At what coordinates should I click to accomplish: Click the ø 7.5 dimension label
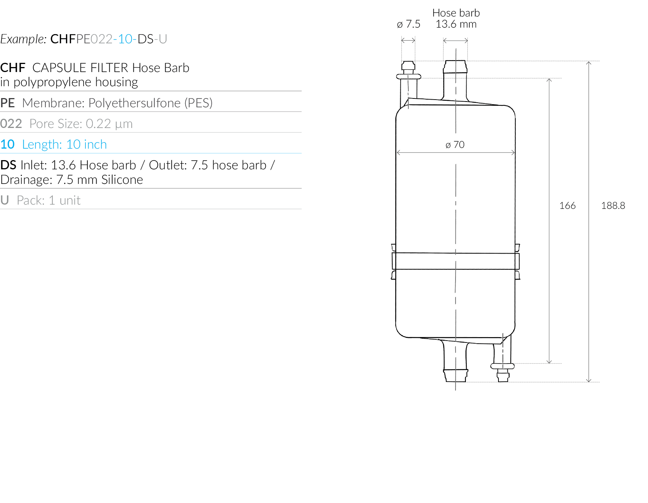(408, 24)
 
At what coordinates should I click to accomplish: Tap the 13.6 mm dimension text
(456, 24)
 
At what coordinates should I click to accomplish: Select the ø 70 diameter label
(455, 145)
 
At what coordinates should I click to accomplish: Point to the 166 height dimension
(567, 206)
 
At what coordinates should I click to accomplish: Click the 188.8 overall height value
(613, 206)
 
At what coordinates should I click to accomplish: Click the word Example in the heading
(23, 39)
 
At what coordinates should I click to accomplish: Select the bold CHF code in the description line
(13, 68)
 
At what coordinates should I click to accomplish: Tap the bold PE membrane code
(8, 103)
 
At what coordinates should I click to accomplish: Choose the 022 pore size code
(11, 124)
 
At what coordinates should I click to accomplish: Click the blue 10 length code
(8, 144)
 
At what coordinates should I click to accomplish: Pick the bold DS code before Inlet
(8, 165)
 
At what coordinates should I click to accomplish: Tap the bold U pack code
(5, 200)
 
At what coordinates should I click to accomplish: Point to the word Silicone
(122, 180)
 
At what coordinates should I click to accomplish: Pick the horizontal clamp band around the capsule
(456, 261)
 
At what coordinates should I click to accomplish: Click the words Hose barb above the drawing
(456, 13)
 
